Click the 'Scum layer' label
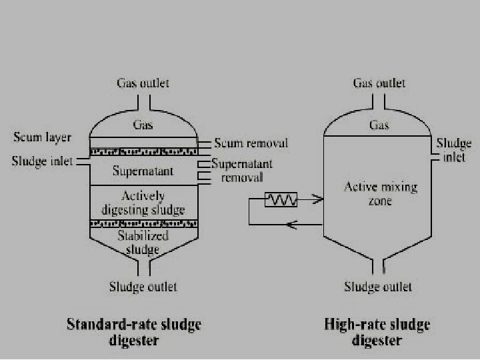point(41,138)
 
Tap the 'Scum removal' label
point(251,143)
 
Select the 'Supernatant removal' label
point(242,171)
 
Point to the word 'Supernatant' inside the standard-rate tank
point(143,171)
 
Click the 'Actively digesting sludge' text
point(143,203)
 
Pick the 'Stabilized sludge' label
point(143,242)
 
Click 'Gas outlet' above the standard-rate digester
point(143,83)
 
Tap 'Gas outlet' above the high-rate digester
point(379,83)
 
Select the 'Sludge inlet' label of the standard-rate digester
point(42,161)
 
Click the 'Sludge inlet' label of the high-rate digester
point(454,150)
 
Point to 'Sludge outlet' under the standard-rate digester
point(143,287)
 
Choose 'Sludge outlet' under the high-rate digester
point(378,287)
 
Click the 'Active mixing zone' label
point(380,193)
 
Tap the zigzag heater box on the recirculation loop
point(281,199)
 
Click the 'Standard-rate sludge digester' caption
point(133,332)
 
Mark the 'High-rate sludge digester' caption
point(377,332)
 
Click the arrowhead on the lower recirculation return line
point(290,225)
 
